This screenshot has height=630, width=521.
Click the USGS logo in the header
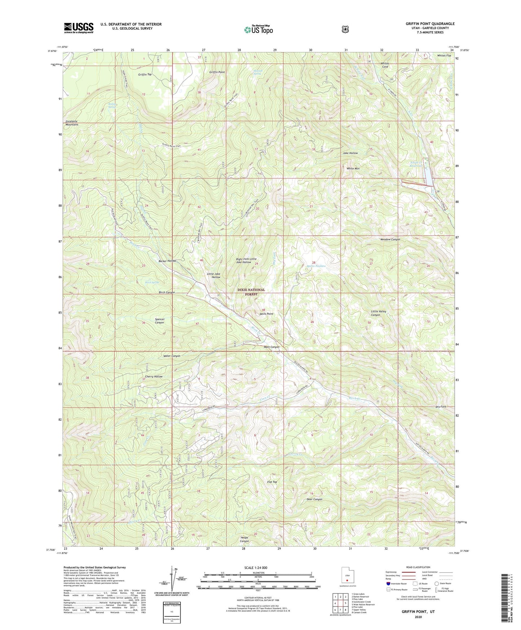[79, 28]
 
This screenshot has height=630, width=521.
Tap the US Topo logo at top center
[258, 30]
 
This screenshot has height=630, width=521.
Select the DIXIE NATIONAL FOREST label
[251, 292]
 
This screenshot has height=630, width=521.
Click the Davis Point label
[266, 314]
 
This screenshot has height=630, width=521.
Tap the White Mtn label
[353, 169]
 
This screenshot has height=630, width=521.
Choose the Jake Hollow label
[350, 153]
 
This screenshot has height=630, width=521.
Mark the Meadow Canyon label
[390, 240]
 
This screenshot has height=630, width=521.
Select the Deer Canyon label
[314, 499]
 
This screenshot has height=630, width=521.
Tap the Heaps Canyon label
[244, 539]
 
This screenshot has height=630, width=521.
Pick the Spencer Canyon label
[159, 321]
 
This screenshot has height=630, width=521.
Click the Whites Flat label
[444, 56]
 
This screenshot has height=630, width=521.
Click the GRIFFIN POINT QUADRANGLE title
[430, 24]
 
